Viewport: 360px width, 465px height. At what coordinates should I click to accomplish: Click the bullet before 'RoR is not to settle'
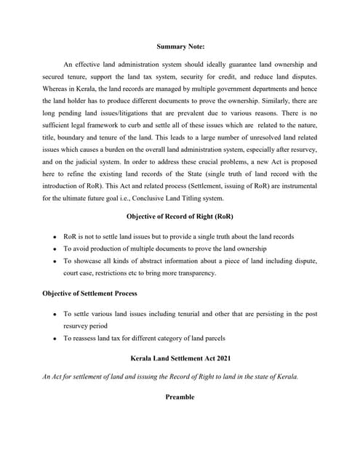tap(56, 237)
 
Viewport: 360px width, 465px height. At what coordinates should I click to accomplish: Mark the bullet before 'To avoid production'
tap(56, 249)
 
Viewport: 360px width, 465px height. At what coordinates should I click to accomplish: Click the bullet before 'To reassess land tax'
tap(56, 338)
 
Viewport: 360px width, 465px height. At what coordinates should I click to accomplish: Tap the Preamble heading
tap(180, 398)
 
